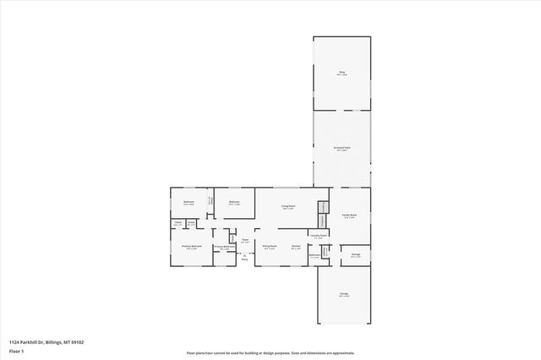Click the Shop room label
coord(342,74)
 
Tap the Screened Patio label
coord(342,148)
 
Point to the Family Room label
coord(349,215)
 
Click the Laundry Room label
coord(318,236)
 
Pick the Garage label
coord(344,294)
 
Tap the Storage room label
coord(354,255)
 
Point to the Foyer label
coord(245,241)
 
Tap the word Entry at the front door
coord(245,259)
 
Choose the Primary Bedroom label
coord(190,247)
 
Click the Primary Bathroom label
coord(224,248)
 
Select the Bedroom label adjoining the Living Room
coord(234,202)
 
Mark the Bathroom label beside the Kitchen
coord(314,255)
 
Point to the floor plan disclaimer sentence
coord(270,352)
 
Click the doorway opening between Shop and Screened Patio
coord(342,111)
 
